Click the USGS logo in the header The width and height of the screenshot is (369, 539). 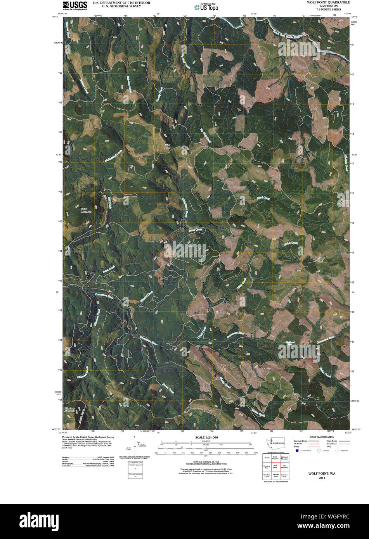click(75, 5)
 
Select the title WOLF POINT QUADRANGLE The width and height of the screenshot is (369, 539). click(328, 2)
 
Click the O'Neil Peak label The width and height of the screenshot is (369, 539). click(320, 259)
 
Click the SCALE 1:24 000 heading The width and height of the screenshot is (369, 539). click(206, 437)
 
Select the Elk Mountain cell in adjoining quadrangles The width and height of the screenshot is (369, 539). click(284, 467)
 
